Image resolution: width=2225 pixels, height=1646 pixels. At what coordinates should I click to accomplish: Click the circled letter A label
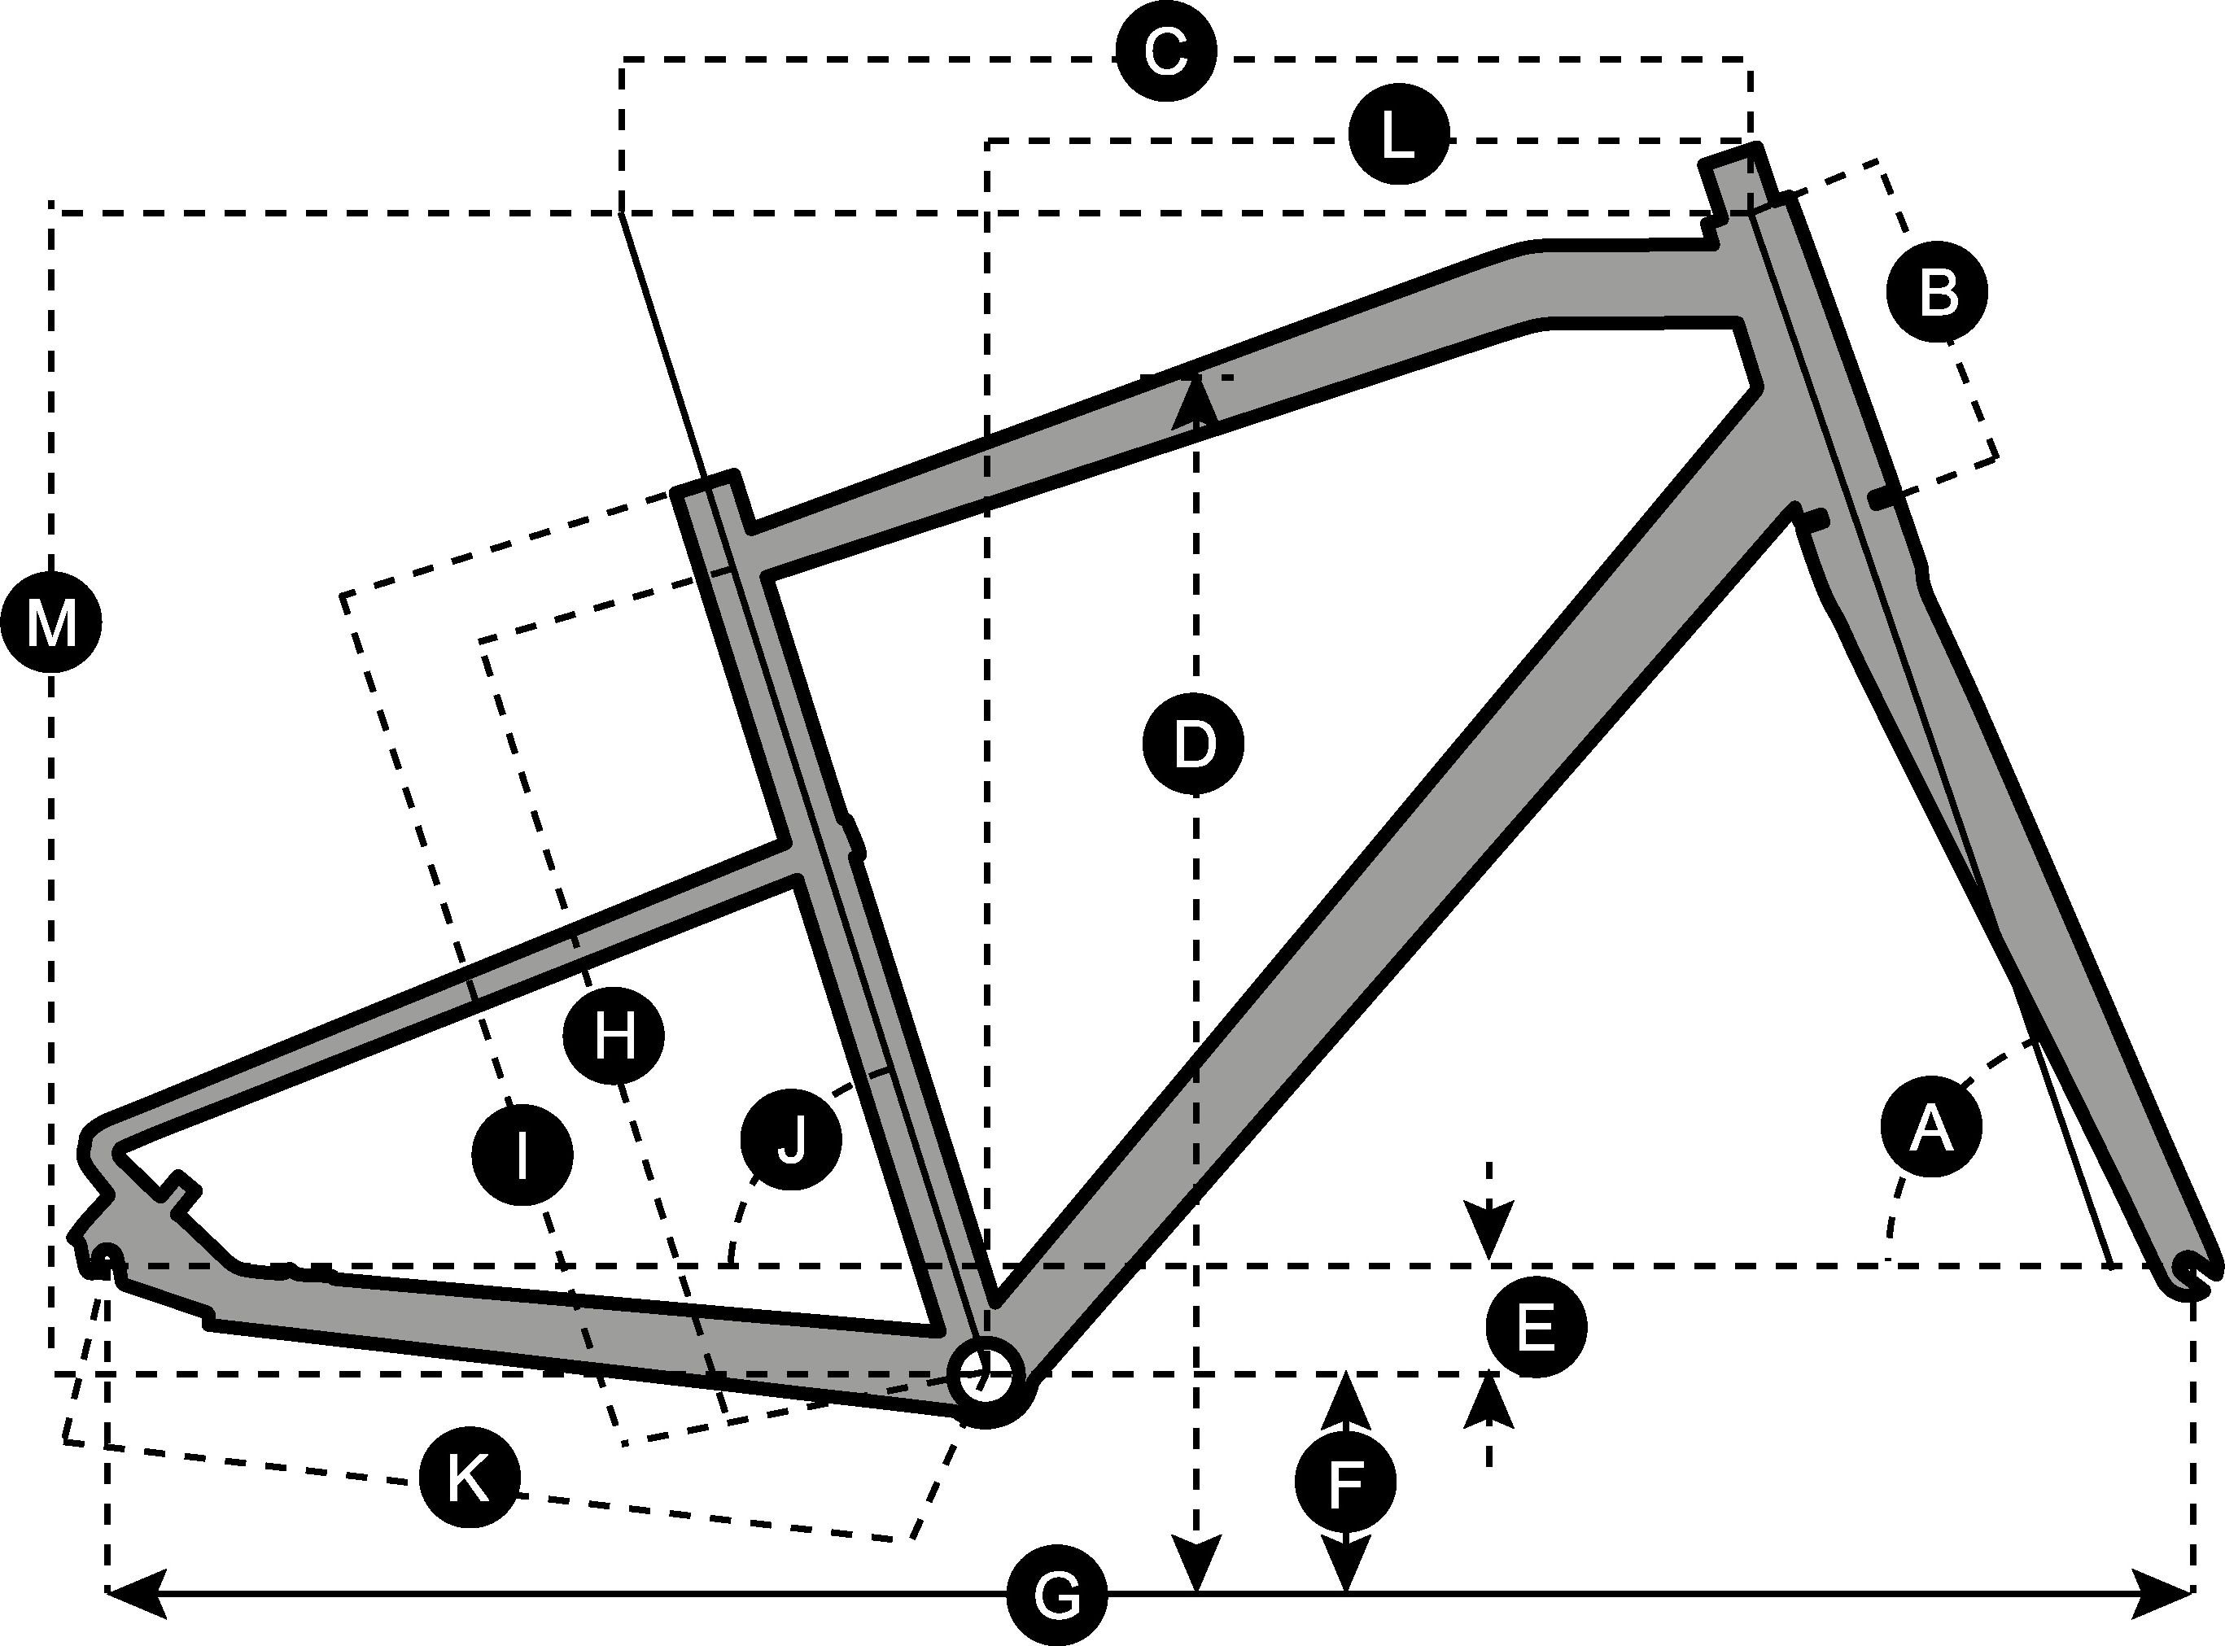(1930, 1126)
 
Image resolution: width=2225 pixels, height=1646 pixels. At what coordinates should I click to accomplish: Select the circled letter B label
(1937, 293)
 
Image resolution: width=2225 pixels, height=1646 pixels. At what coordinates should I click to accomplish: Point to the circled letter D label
(1193, 746)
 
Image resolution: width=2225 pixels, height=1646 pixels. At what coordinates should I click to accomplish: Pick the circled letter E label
(1536, 1327)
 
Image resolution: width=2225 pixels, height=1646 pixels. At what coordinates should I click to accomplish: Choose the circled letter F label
(1345, 1482)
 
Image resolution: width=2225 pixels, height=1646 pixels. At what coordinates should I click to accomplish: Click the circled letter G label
(1056, 1597)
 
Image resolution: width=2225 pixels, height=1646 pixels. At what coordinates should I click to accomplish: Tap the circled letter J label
(791, 1140)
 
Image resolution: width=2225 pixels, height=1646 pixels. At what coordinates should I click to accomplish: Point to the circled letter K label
(467, 1478)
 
